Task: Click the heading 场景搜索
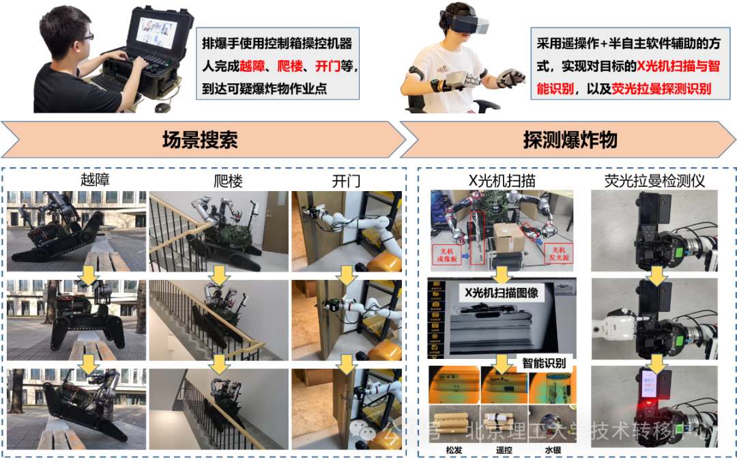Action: pyautogui.click(x=199, y=140)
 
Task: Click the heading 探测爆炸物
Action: pyautogui.click(x=570, y=140)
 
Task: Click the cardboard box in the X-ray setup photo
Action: pyautogui.click(x=507, y=237)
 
